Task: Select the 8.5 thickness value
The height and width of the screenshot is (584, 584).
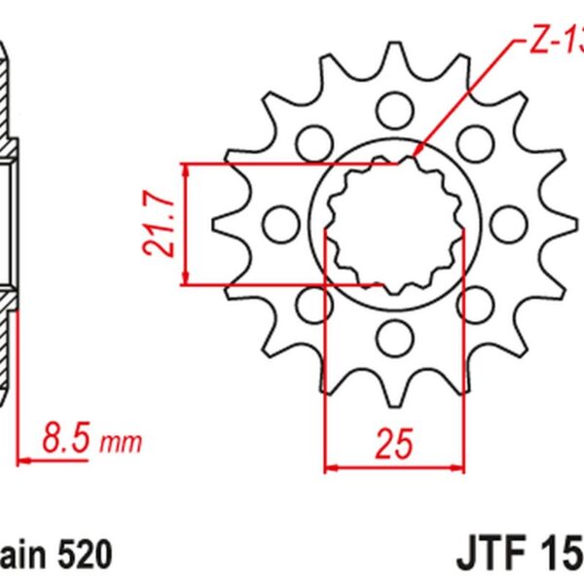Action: click(x=68, y=440)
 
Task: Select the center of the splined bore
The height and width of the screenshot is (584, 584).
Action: click(x=393, y=224)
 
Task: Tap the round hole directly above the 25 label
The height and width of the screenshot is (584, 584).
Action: click(x=394, y=338)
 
